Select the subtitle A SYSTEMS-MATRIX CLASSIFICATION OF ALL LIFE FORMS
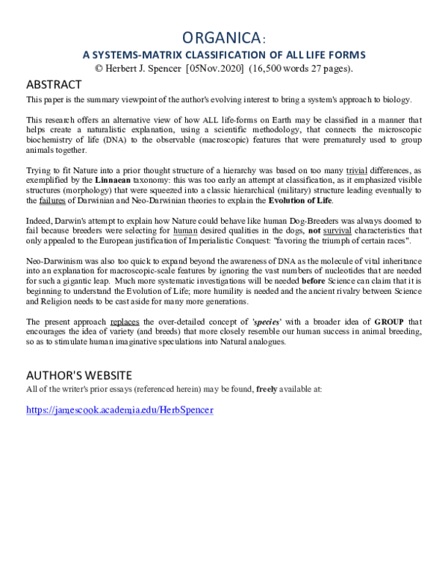[x=223, y=54]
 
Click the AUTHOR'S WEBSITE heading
[x=78, y=375]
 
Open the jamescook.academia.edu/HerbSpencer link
[x=119, y=410]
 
